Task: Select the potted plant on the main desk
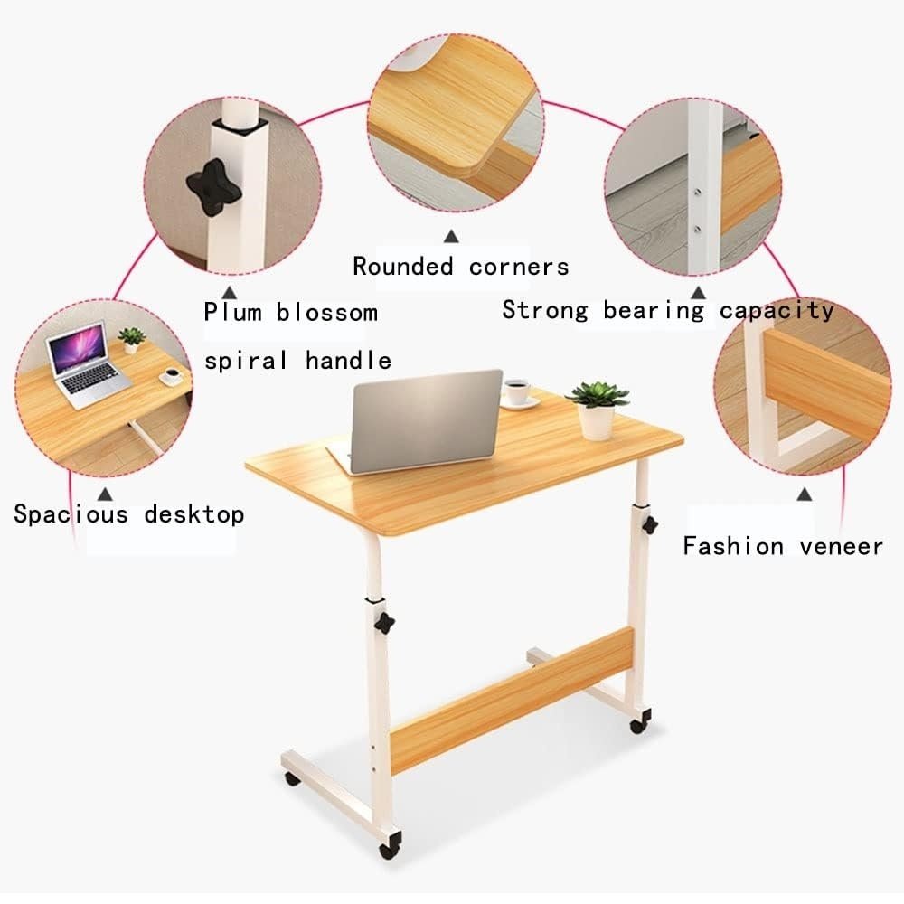[x=598, y=410]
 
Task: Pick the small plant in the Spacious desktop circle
[x=131, y=340]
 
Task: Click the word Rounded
[x=403, y=267]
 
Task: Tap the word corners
[x=519, y=267]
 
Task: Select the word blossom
[x=327, y=312]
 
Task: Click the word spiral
[x=246, y=361]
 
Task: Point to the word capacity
[x=777, y=311]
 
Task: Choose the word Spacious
[x=71, y=513]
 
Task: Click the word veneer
[x=841, y=546]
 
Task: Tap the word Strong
[x=545, y=310]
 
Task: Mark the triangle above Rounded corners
[x=451, y=236]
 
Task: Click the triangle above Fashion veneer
[x=805, y=494]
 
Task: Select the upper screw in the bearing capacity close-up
[x=698, y=193]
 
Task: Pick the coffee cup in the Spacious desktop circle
[x=171, y=377]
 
